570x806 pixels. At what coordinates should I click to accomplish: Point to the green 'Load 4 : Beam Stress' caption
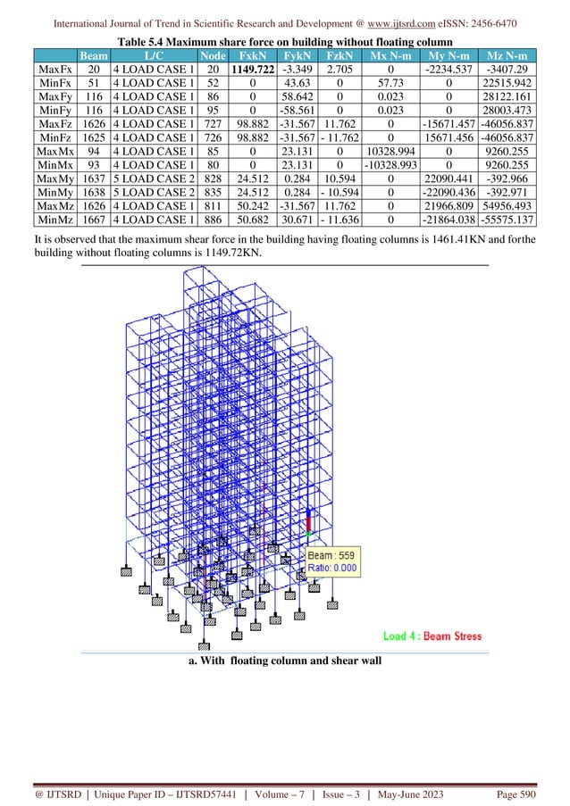point(432,636)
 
